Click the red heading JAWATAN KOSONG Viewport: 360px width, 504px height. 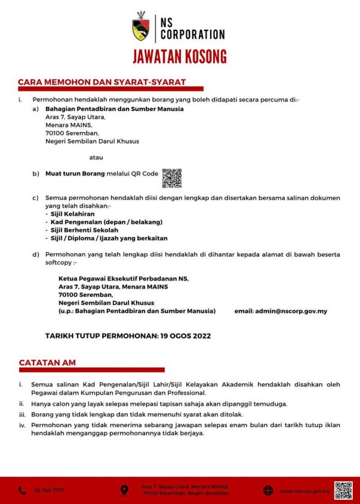click(x=180, y=56)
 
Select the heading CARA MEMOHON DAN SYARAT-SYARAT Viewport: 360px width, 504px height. click(x=102, y=82)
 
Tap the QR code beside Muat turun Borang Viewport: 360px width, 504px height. click(x=172, y=178)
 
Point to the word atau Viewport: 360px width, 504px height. click(x=95, y=157)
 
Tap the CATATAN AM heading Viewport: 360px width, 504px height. click(x=47, y=362)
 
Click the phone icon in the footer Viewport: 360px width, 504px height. click(x=22, y=490)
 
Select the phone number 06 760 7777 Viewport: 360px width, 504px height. click(x=49, y=491)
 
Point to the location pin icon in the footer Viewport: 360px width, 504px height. click(x=124, y=490)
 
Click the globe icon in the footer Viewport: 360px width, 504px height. click(x=268, y=490)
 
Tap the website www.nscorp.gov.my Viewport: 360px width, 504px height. click(x=305, y=491)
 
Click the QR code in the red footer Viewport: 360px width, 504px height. click(x=343, y=490)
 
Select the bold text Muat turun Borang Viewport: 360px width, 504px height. click(x=75, y=173)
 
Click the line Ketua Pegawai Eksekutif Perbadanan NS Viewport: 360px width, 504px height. click(x=124, y=278)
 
